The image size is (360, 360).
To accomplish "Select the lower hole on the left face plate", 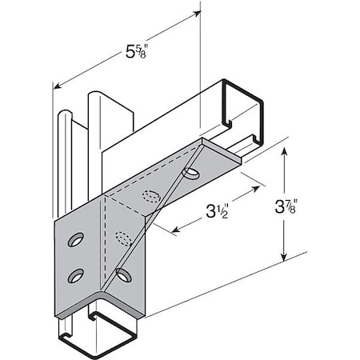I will pyautogui.click(x=77, y=276).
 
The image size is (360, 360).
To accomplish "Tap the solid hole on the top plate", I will pyautogui.click(x=192, y=174).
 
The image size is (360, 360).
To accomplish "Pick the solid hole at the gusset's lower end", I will pyautogui.click(x=124, y=275).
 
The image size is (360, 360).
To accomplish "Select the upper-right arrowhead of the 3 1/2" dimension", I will pyautogui.click(x=261, y=186).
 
